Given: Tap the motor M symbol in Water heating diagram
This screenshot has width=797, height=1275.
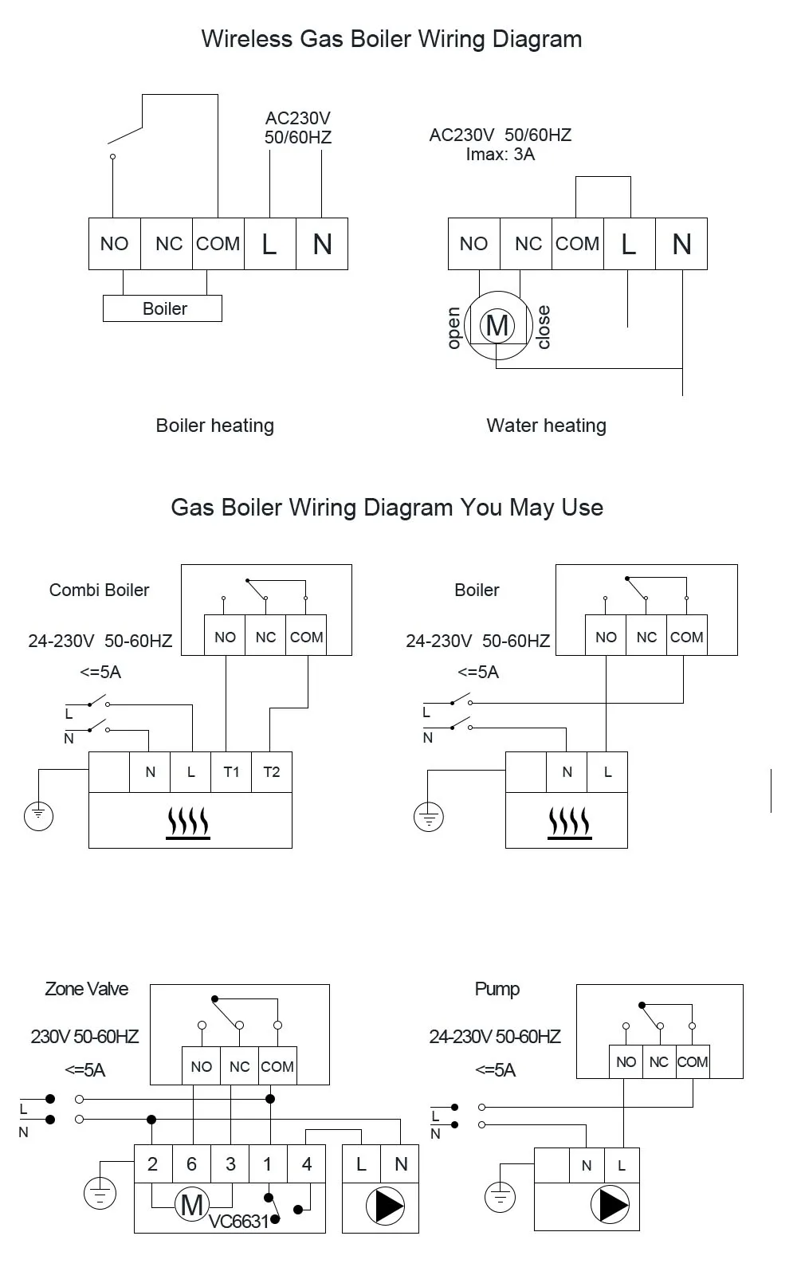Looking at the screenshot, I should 497,325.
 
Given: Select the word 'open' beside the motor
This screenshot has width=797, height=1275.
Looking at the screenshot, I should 453,328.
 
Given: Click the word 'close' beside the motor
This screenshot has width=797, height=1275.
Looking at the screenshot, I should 544,327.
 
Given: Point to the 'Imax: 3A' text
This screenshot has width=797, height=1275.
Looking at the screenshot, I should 500,155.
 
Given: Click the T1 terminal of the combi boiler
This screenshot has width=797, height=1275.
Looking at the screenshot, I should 231,771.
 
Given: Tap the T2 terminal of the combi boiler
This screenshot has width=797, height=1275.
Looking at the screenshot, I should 272,771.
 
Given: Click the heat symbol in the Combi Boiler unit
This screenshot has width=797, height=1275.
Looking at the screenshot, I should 188,821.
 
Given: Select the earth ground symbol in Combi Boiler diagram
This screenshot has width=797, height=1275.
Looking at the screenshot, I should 38,815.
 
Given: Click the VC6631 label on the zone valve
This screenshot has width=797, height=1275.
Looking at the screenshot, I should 238,1222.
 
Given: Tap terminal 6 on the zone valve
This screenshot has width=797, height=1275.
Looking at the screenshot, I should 191,1164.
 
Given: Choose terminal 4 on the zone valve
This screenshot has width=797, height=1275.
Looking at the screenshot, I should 307,1164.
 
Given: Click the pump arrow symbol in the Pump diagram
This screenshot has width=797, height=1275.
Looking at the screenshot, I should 611,1206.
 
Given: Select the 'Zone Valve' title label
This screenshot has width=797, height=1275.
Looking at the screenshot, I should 86,989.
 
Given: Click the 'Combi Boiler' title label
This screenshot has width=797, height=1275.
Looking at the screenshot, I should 99,590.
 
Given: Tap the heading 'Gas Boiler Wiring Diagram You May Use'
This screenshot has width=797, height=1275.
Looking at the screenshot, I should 387,508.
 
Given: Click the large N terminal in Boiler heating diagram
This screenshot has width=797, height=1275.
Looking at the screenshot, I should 322,244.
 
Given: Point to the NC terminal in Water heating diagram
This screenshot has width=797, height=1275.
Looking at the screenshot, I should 528,244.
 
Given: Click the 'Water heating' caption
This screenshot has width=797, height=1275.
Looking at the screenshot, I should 546,426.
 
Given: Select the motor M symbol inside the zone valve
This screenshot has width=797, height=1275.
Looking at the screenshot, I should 191,1204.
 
